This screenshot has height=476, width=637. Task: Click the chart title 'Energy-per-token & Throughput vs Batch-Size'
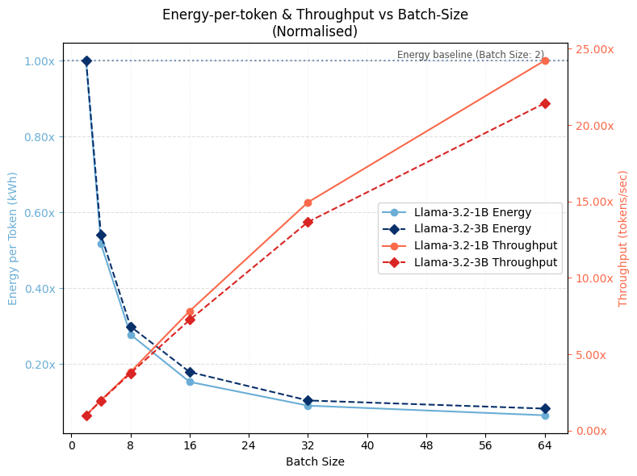[x=315, y=15]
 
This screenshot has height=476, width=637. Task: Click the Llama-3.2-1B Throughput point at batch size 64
[x=545, y=61]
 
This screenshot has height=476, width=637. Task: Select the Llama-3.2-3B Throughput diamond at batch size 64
[x=545, y=103]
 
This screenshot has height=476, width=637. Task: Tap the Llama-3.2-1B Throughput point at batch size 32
[x=308, y=203]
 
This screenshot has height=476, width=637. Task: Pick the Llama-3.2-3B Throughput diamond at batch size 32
[x=308, y=222]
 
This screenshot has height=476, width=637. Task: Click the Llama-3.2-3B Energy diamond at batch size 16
[x=190, y=372]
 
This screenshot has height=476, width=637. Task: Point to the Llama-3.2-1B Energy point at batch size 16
[x=190, y=382]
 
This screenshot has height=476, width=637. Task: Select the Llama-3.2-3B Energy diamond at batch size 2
[x=86, y=61]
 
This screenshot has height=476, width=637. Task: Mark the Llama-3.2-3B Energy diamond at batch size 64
[x=545, y=408]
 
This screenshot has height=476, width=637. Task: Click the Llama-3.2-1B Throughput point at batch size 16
[x=190, y=311]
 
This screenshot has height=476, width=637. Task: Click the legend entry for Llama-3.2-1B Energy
[x=472, y=212]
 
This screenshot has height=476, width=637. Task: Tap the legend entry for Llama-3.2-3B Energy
[x=472, y=229]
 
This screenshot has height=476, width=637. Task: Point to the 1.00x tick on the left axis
[x=40, y=61]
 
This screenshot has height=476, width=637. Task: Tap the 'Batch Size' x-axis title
[x=315, y=462]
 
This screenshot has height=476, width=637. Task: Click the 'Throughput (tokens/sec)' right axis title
[x=622, y=238]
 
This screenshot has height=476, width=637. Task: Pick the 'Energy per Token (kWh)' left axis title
[x=13, y=238]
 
